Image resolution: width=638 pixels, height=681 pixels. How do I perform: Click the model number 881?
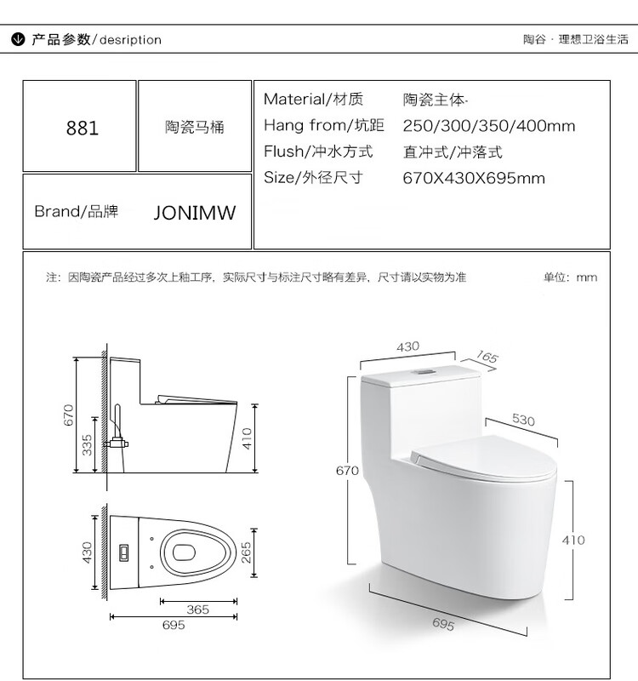pyautogui.click(x=83, y=129)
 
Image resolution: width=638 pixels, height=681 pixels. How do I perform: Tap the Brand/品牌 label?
pyautogui.click(x=76, y=211)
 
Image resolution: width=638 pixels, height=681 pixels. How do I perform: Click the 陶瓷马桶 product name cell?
pyautogui.click(x=195, y=128)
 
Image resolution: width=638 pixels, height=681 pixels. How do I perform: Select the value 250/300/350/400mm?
pyautogui.click(x=489, y=126)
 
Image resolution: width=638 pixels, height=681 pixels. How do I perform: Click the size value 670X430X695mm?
pyautogui.click(x=474, y=178)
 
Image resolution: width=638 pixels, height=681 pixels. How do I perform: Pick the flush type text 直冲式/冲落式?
pyautogui.click(x=453, y=152)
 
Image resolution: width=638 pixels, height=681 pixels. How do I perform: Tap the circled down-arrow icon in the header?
pyautogui.click(x=17, y=39)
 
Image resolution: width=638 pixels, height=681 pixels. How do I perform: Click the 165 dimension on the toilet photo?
pyautogui.click(x=486, y=358)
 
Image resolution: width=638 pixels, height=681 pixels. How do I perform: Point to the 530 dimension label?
pyautogui.click(x=523, y=420)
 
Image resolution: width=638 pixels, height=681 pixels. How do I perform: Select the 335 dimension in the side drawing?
pyautogui.click(x=87, y=445)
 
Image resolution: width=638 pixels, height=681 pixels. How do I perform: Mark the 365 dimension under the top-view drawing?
pyautogui.click(x=197, y=609)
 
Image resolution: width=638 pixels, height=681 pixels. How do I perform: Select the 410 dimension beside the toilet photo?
pyautogui.click(x=573, y=540)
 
